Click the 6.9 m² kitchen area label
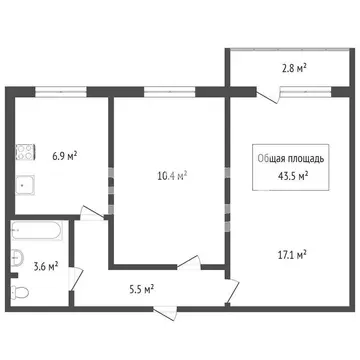tap(65, 157)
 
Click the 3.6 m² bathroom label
tap(45, 266)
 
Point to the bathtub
tap(37, 231)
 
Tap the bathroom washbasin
tap(17, 260)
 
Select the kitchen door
tap(91, 212)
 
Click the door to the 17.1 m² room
tap(232, 291)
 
